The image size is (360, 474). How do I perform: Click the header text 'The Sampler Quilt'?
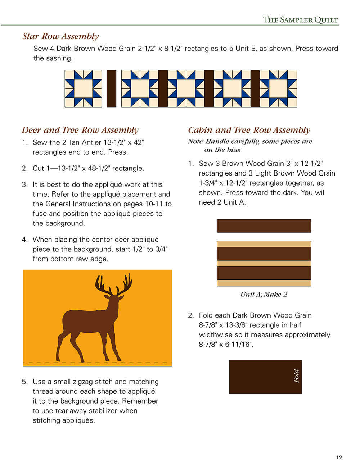(x=300, y=19)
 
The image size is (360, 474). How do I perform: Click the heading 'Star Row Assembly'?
(x=60, y=36)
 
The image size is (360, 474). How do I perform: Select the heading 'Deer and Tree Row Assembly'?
(x=80, y=130)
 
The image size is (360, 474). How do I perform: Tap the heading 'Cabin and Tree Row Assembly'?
(x=249, y=130)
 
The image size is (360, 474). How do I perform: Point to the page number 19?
(x=339, y=457)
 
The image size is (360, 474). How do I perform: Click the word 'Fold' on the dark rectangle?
(x=296, y=376)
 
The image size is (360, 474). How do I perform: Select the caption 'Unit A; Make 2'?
(x=264, y=294)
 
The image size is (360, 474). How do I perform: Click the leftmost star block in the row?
(x=83, y=88)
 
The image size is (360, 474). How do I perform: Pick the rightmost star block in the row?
(x=278, y=88)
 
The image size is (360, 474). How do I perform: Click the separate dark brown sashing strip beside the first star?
(x=111, y=88)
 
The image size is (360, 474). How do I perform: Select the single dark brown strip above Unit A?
(x=264, y=226)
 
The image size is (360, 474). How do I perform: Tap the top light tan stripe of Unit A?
(x=264, y=244)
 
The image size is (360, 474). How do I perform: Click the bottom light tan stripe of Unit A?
(x=264, y=283)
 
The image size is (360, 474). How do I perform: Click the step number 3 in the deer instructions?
(x=24, y=184)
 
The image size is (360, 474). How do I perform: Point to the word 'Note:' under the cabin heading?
(x=196, y=141)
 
